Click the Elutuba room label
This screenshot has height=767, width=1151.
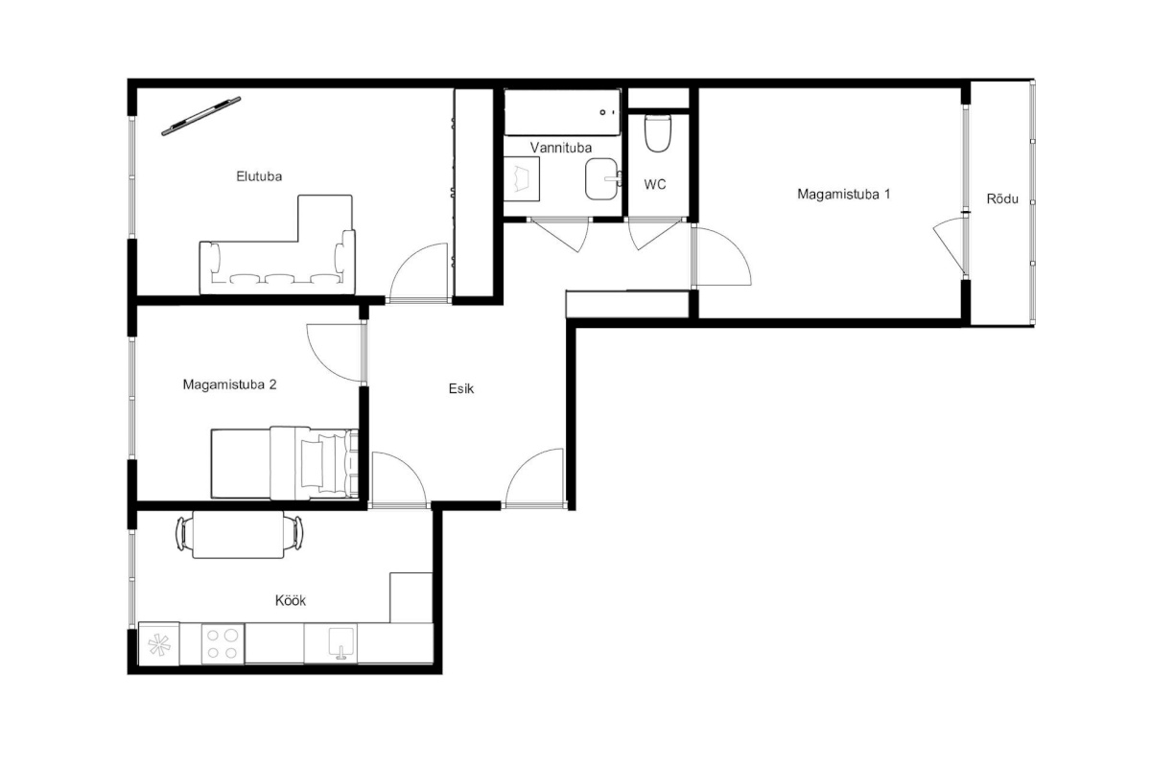click(259, 176)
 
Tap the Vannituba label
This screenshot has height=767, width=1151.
click(560, 148)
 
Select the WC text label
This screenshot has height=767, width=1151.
click(655, 184)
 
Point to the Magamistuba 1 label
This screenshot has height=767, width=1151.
click(844, 195)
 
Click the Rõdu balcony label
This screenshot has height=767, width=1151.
click(1002, 198)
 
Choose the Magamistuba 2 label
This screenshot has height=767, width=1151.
click(229, 384)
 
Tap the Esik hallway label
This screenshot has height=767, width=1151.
click(461, 389)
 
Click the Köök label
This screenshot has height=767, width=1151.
click(291, 600)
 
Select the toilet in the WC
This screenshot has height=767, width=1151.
click(658, 133)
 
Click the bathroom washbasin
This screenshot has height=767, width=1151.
click(602, 178)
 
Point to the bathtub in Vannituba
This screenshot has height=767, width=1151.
click(562, 112)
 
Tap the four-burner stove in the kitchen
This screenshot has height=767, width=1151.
click(223, 643)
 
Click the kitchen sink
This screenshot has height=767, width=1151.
click(341, 643)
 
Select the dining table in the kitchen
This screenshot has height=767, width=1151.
click(238, 534)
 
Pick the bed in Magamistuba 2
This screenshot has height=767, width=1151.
click(285, 463)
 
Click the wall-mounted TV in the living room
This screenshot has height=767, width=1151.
click(200, 116)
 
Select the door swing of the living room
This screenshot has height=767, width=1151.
click(419, 272)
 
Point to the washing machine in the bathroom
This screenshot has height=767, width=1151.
click(521, 178)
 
